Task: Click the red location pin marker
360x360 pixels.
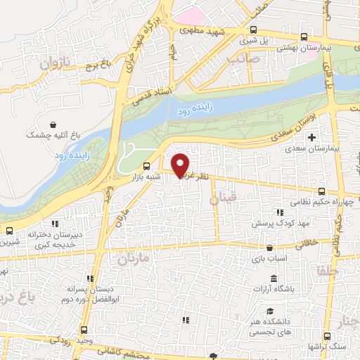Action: click(181, 165)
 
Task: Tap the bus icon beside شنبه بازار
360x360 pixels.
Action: click(146, 167)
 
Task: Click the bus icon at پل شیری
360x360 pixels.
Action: click(254, 30)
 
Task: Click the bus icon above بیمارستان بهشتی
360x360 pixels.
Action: click(303, 37)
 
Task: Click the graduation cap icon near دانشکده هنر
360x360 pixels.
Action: click(270, 310)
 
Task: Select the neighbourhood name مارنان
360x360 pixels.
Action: click(127, 260)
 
